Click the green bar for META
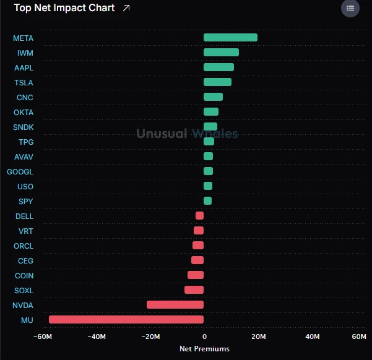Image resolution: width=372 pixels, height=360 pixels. coord(230,38)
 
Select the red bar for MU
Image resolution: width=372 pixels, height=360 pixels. coord(126,319)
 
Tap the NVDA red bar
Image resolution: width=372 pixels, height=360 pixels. coord(175,304)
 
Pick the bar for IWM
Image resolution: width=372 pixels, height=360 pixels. coord(221,52)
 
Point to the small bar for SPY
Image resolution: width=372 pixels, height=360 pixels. coord(207,200)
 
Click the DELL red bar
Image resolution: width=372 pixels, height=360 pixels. coord(199,216)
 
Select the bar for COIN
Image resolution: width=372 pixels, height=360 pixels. coord(196,275)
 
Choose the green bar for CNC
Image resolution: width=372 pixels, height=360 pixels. coord(213,96)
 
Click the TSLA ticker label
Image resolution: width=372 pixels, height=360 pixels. coord(24,83)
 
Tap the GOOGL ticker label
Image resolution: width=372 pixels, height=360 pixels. coord(20,172)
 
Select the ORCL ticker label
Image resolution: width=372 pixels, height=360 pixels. coord(24,246)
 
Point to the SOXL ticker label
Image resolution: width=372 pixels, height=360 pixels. coord(24,291)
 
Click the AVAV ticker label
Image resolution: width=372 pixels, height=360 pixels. coord(24,157)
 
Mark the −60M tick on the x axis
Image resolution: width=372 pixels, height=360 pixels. coord(43,336)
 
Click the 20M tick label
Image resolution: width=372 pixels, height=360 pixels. coord(259,336)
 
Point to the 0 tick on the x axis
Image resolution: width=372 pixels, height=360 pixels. coord(204,336)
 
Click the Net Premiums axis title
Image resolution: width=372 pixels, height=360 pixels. coord(204,349)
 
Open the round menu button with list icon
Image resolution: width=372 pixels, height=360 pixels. coord(350,8)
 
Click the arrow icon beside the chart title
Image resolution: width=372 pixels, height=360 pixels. coord(126,8)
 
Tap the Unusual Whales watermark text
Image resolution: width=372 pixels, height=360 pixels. coord(187,133)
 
